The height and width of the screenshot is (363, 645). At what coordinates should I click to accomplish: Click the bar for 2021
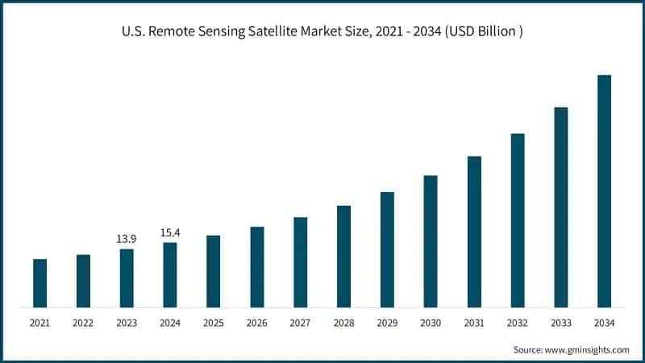point(40,283)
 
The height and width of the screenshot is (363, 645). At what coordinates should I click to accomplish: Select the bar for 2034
point(604,191)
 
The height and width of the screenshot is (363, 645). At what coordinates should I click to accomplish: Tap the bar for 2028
point(343,257)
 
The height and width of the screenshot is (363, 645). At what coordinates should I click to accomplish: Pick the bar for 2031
point(474,232)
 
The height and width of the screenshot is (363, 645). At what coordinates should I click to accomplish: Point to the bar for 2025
point(213,271)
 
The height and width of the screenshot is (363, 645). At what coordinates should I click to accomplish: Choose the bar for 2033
point(560,207)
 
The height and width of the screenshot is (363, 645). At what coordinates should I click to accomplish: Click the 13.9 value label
point(127,240)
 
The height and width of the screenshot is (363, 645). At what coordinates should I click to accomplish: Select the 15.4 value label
point(170,233)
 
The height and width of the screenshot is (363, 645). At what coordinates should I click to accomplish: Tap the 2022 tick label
point(83,323)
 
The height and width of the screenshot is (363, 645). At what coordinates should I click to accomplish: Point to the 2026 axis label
point(256,323)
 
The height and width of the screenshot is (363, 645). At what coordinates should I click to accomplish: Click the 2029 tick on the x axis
point(387,323)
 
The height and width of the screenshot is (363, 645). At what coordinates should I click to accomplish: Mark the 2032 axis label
point(518,323)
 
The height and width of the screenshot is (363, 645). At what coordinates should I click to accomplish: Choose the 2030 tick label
point(431,323)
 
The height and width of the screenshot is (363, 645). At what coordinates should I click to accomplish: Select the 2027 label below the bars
point(300,323)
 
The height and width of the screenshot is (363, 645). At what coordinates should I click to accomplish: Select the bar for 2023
point(127,278)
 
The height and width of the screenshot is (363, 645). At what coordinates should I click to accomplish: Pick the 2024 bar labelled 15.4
point(170,275)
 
